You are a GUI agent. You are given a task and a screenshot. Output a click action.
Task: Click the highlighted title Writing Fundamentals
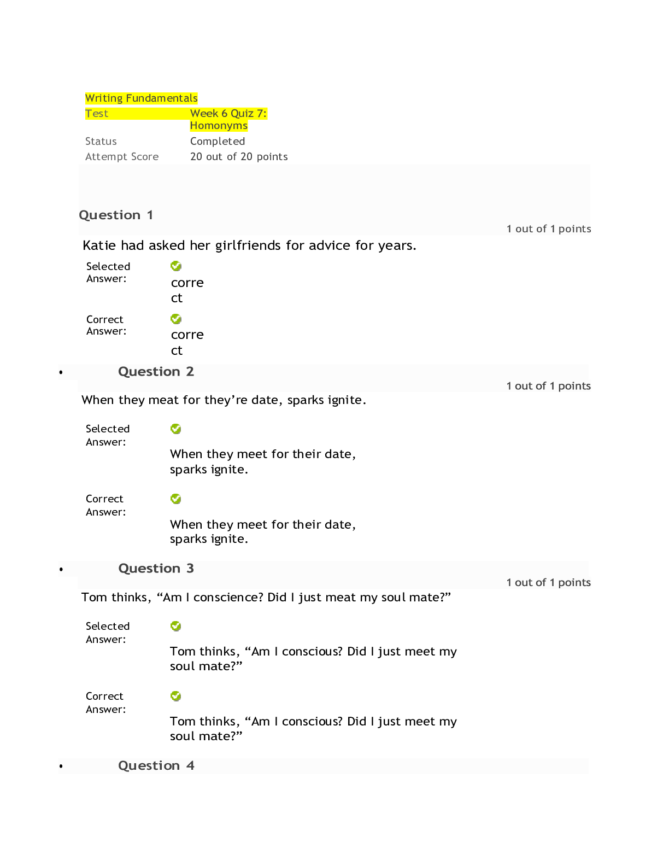pyautogui.click(x=141, y=98)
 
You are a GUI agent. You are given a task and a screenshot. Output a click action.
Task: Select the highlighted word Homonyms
pyautogui.click(x=218, y=126)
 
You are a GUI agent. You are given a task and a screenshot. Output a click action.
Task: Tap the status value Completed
pyautogui.click(x=217, y=141)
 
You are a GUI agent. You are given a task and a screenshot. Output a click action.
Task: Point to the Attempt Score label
pyautogui.click(x=121, y=156)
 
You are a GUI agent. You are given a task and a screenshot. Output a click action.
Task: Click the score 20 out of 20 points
pyautogui.click(x=239, y=156)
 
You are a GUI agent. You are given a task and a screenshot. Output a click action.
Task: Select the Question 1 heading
pyautogui.click(x=115, y=215)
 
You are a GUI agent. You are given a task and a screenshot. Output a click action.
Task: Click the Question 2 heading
pyautogui.click(x=156, y=371)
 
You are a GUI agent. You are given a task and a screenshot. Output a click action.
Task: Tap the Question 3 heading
pyautogui.click(x=156, y=568)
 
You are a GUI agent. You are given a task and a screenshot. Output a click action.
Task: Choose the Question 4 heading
pyautogui.click(x=156, y=765)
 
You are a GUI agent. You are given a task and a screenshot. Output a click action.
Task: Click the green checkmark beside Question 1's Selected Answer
pyautogui.click(x=175, y=266)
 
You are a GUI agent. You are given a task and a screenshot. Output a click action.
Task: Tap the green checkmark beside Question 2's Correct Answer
pyautogui.click(x=175, y=499)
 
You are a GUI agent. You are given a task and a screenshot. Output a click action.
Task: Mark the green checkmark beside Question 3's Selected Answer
pyautogui.click(x=175, y=626)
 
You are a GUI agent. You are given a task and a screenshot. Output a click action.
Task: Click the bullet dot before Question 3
pyautogui.click(x=61, y=570)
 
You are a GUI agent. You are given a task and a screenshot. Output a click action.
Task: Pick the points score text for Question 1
pyautogui.click(x=549, y=229)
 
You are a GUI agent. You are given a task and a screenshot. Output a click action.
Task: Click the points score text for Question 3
pyautogui.click(x=548, y=582)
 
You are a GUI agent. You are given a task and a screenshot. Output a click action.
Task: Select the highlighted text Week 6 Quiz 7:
pyautogui.click(x=228, y=114)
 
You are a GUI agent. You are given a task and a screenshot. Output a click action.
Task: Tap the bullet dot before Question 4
pyautogui.click(x=61, y=766)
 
